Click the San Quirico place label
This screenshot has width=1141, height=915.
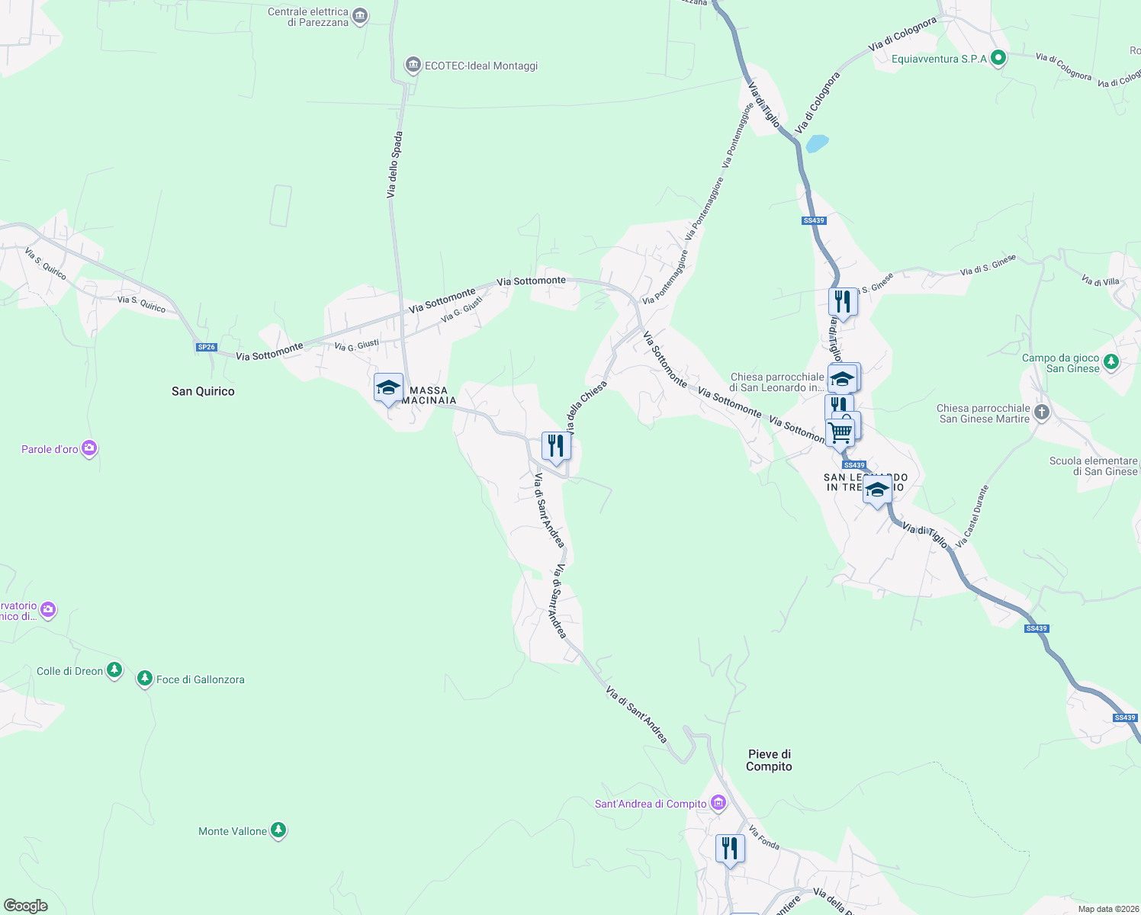pos(203,391)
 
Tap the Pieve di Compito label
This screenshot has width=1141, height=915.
pos(769,760)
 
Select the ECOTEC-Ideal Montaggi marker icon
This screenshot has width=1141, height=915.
pos(413,66)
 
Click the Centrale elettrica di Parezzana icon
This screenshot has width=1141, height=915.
pos(361,16)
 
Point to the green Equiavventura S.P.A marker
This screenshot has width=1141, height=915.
pos(998,58)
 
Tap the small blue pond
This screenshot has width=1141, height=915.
pos(817,143)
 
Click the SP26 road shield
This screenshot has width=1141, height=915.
pos(207,347)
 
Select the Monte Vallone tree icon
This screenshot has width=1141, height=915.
pos(278,830)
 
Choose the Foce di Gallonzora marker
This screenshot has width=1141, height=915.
pos(145,678)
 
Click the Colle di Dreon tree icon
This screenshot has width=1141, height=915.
pos(114,670)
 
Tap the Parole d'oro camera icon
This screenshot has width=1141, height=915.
pos(89,448)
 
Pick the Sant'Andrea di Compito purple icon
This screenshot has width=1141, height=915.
pos(718,803)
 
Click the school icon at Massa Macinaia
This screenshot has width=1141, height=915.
pos(388,387)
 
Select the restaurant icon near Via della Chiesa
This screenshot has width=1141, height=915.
pos(556,445)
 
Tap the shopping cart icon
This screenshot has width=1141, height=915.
pos(840,432)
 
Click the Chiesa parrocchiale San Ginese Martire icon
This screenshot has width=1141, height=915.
pos(1042,413)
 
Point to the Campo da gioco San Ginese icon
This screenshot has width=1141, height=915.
pos(1111,362)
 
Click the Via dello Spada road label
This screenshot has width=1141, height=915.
pos(394,165)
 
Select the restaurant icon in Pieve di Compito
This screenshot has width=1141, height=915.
pos(730,848)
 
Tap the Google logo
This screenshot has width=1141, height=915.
pos(25,906)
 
